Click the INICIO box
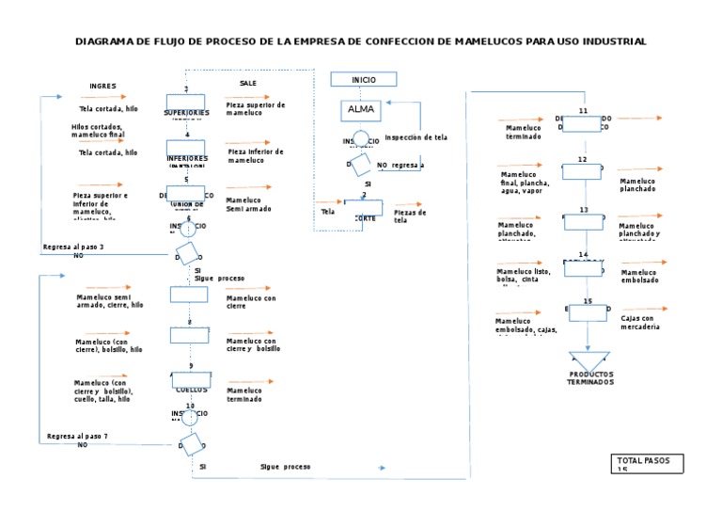(x=363, y=80)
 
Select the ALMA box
(x=361, y=109)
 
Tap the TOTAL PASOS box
(x=646, y=463)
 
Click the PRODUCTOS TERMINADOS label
(x=589, y=378)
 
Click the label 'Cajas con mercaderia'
(x=640, y=322)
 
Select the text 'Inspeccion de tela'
(x=416, y=137)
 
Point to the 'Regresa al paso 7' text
(x=77, y=437)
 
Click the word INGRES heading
(x=102, y=86)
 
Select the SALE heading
(x=247, y=84)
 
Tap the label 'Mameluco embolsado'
(x=640, y=276)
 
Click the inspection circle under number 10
(x=190, y=417)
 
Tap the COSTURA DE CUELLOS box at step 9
(x=191, y=382)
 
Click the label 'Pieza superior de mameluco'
(x=256, y=108)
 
